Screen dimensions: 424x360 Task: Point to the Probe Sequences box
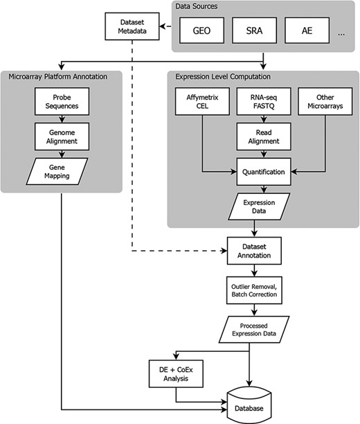coord(61,105)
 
